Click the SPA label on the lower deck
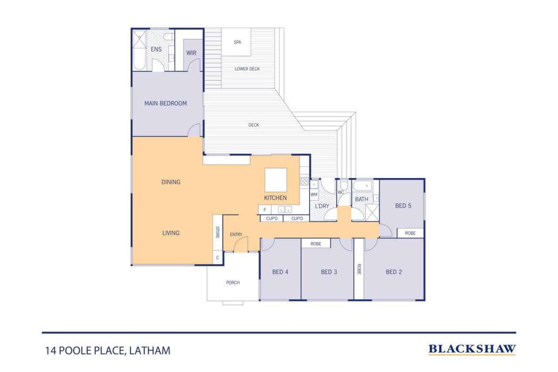(x=238, y=42)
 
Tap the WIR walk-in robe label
(x=191, y=53)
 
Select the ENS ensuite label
(x=156, y=50)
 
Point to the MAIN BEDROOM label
(x=166, y=103)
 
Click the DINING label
(x=171, y=182)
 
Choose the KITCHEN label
(x=276, y=198)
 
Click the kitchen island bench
(x=276, y=180)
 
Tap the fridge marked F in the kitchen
(x=265, y=210)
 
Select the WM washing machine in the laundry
(x=314, y=194)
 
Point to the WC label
(x=341, y=192)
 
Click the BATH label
(x=361, y=199)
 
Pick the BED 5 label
(x=403, y=206)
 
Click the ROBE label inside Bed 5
(x=410, y=233)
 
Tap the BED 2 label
(x=394, y=272)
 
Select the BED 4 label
(x=280, y=272)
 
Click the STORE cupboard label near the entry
(x=218, y=232)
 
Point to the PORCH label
(x=233, y=283)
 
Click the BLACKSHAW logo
(x=472, y=349)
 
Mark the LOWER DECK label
(x=247, y=69)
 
